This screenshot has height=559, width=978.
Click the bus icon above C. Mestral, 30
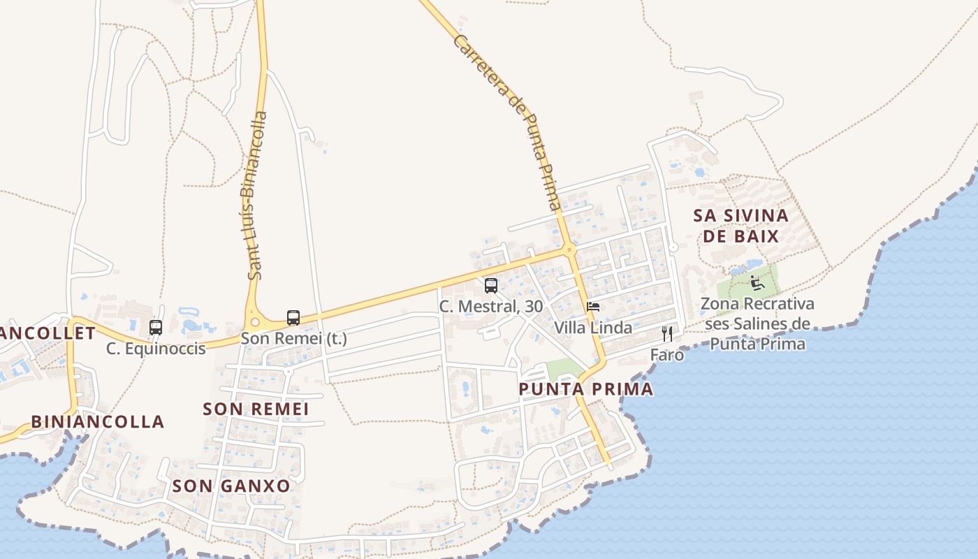tap(491, 285)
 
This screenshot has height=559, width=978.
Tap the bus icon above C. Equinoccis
tap(156, 327)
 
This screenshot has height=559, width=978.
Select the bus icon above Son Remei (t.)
tap(293, 318)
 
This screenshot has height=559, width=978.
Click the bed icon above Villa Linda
tap(593, 307)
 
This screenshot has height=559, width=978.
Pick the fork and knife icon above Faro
tap(667, 334)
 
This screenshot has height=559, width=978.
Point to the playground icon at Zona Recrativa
tap(757, 283)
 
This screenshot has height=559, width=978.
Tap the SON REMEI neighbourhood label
tap(256, 409)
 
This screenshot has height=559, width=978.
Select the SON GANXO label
tap(231, 486)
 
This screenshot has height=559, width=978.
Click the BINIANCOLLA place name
tap(98, 422)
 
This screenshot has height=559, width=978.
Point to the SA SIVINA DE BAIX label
tap(740, 226)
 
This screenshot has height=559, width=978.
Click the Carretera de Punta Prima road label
tap(507, 122)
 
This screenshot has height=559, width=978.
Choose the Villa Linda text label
tap(593, 328)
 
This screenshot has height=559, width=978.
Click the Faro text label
tap(667, 355)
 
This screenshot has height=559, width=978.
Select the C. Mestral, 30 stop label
tap(491, 306)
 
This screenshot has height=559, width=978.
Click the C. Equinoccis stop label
tap(156, 348)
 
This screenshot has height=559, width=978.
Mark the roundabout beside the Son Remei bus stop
tap(255, 322)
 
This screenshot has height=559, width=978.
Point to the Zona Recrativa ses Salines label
tap(757, 324)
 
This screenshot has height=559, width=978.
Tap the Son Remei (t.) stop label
tap(293, 339)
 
